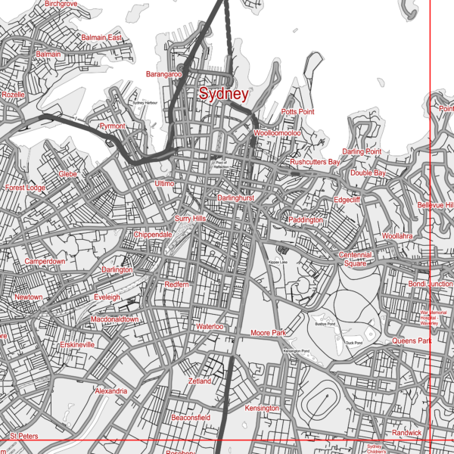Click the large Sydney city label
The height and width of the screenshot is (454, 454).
pos(223,95)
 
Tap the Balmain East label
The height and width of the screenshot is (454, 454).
pos(101,38)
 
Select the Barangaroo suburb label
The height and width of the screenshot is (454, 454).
pos(164,74)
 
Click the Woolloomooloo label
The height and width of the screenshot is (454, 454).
pos(278,133)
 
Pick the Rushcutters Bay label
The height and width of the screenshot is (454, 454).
pos(316,163)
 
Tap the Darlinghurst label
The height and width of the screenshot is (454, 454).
pos(235,197)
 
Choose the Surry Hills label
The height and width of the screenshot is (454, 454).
pos(190,219)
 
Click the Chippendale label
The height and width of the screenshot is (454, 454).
pos(154,235)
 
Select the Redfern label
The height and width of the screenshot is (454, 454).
pos(176,284)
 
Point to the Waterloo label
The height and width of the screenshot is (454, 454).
pos(210,327)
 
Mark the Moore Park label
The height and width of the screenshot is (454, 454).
pos(268,333)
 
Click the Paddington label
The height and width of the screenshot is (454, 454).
pos(306,220)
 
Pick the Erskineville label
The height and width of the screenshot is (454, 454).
pos(77,344)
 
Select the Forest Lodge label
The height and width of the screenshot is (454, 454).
pos(25,188)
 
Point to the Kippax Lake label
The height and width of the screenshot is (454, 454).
pos(278,262)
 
